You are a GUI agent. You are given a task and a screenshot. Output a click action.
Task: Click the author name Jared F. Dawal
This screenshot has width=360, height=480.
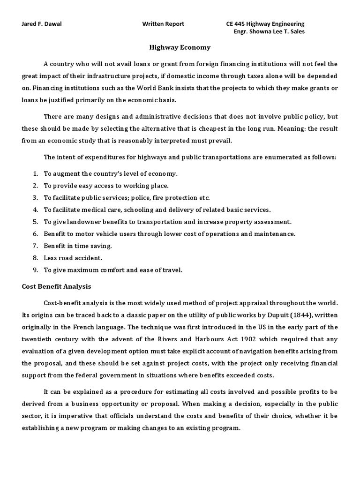pos(43,24)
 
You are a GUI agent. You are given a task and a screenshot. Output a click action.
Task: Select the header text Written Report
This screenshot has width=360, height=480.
pos(163,24)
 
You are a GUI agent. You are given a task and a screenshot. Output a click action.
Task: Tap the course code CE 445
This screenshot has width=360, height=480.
pos(236,24)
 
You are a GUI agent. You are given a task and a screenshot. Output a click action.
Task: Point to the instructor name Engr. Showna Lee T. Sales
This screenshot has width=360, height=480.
pos(269,32)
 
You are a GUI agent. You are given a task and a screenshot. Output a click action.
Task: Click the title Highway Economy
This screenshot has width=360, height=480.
pos(180,47)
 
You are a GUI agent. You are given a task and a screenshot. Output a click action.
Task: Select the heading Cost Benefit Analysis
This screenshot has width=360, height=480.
pos(56,286)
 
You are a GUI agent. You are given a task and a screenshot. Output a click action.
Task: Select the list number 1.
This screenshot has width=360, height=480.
pos(35,173)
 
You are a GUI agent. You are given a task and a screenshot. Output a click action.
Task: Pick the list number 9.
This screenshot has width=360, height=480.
pos(35,270)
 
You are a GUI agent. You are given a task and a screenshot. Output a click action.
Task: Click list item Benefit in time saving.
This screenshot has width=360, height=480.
pos(78,246)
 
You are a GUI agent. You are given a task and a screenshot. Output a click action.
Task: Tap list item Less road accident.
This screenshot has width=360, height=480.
pos(73,258)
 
